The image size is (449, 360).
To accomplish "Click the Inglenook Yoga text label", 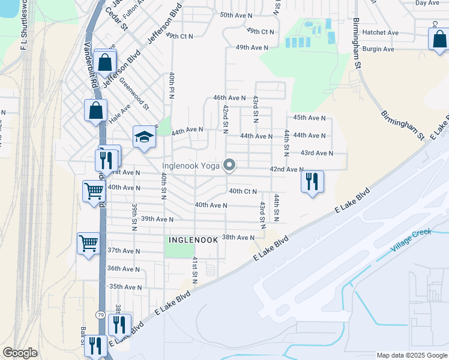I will (x=191, y=166).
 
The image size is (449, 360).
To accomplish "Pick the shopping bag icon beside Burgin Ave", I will (x=439, y=40).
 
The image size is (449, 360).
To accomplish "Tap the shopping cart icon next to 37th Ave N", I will (x=88, y=243).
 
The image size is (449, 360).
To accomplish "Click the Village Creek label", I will (x=411, y=240).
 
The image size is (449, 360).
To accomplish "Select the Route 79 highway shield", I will (x=100, y=314).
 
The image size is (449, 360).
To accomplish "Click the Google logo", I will (x=20, y=353).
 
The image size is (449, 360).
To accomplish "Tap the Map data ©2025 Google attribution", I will (x=411, y=355).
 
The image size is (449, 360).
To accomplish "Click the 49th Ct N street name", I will (x=260, y=31).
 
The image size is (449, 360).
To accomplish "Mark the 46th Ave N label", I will (x=229, y=97).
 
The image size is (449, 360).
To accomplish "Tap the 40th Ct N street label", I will (x=243, y=191).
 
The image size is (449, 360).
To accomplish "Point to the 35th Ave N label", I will (x=125, y=287).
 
